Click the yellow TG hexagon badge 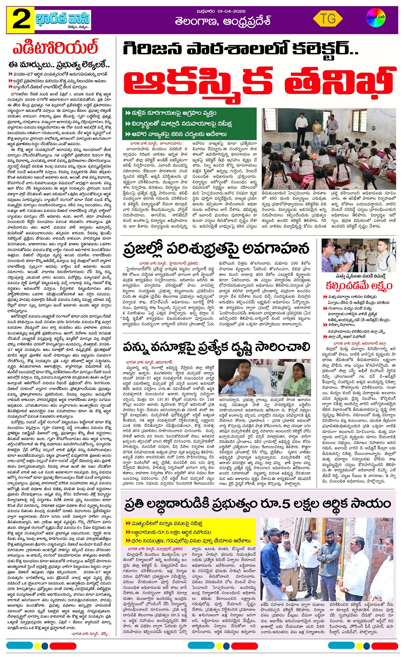click(x=328, y=19)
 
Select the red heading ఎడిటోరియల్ click(x=56, y=47)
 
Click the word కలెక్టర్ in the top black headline click(x=325, y=49)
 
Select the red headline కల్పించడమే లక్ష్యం click(x=359, y=286)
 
